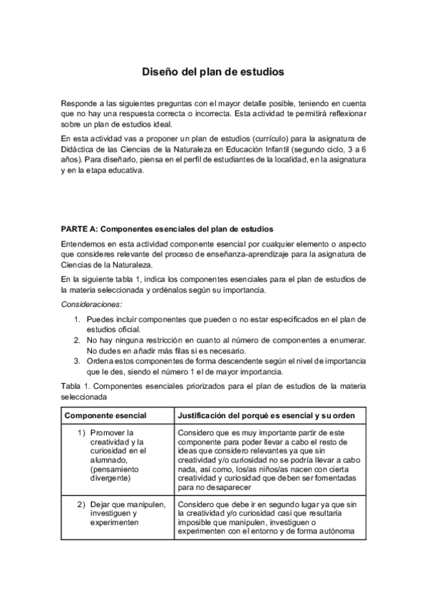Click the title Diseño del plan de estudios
213,72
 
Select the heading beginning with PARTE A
167,229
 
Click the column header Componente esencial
106,415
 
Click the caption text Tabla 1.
75,387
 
